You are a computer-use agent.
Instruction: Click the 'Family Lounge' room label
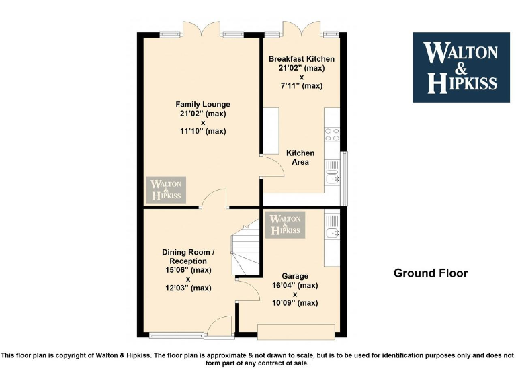(x=202, y=104)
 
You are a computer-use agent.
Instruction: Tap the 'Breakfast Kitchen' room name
(x=301, y=59)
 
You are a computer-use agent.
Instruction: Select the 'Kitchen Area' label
(x=300, y=157)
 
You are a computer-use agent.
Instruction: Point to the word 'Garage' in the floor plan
(x=295, y=276)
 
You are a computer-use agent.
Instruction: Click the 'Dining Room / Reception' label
(x=188, y=257)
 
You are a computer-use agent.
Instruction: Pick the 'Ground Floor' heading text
(x=430, y=273)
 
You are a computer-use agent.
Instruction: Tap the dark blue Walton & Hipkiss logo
(x=460, y=67)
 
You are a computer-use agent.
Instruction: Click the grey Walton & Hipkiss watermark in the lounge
(x=166, y=190)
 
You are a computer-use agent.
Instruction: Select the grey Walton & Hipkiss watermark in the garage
(x=286, y=224)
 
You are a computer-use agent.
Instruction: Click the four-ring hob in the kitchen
(x=333, y=134)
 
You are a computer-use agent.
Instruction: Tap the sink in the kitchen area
(x=332, y=176)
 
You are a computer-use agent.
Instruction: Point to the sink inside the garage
(x=333, y=233)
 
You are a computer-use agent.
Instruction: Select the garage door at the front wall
(x=296, y=331)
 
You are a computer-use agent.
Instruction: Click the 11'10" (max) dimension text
(x=202, y=131)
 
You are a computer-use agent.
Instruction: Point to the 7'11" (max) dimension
(x=302, y=85)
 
